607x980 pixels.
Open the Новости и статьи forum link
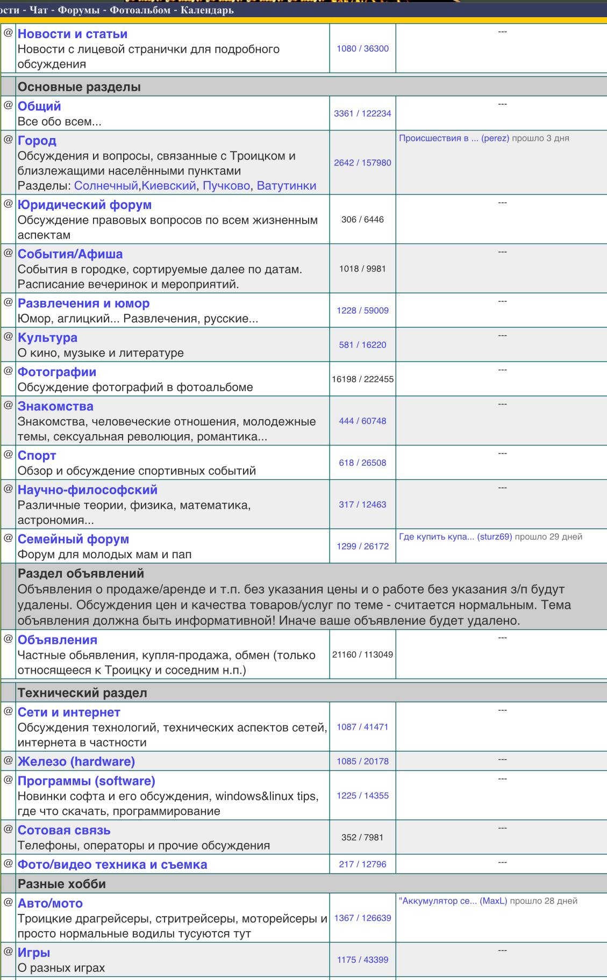pos(73,34)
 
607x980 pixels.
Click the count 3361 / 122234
pos(362,113)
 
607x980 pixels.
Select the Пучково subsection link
pos(226,186)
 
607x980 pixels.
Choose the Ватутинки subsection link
pos(286,186)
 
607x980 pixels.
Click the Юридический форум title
pos(84,205)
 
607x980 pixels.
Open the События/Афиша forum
pos(70,254)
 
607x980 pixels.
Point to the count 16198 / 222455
pos(362,379)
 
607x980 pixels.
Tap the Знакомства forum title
pos(55,406)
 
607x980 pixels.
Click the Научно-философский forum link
pos(88,490)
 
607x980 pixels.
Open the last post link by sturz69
pos(455,537)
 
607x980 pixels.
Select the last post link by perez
pos(454,138)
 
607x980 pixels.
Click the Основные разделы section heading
pos(79,87)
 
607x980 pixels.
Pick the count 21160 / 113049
pos(362,654)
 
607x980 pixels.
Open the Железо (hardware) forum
pos(76,761)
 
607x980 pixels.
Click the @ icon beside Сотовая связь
pos(8,828)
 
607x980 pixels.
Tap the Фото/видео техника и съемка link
pos(112,864)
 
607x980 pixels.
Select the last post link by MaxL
pos(453,901)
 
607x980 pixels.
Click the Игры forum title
pos(34,953)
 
